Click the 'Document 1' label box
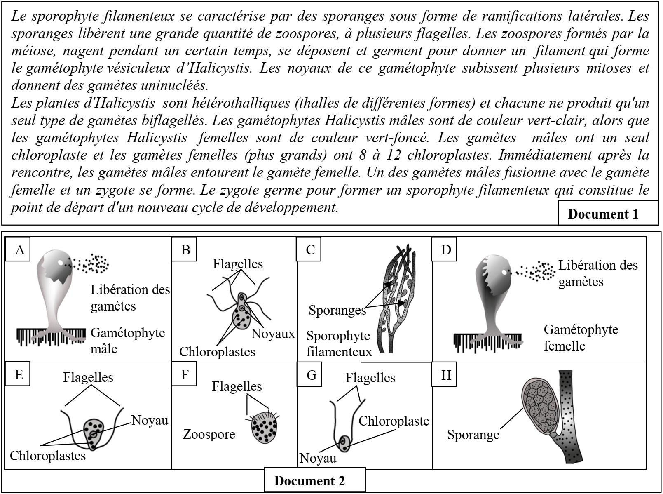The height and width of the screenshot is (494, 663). [603, 214]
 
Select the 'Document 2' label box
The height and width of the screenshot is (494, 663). [309, 480]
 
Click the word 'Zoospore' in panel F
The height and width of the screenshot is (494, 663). [209, 434]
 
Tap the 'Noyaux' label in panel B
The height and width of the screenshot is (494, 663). [273, 334]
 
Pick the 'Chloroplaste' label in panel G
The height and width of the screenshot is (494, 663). [394, 421]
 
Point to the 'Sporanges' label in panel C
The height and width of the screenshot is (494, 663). [337, 310]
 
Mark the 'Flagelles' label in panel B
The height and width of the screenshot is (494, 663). [238, 264]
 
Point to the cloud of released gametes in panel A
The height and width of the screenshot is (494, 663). [94, 263]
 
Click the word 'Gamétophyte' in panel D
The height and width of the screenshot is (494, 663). [581, 329]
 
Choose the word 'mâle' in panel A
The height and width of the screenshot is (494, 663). [103, 349]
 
